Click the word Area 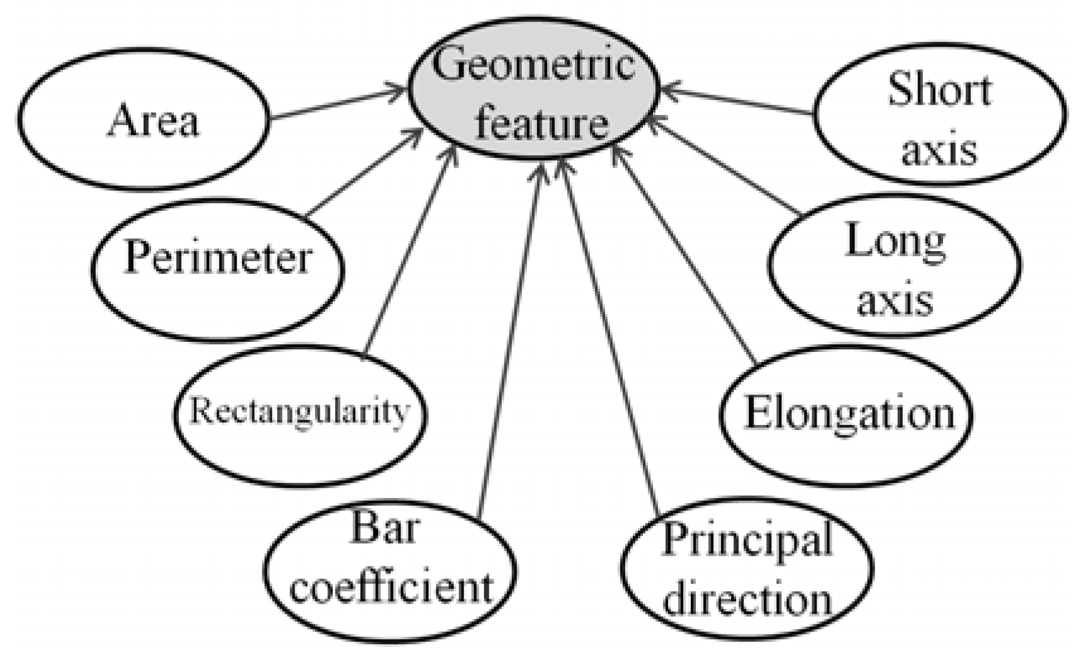point(153,120)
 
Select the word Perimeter point(218,257)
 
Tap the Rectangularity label point(300,412)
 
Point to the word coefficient point(391,587)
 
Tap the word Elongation point(849,414)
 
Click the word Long point(895,241)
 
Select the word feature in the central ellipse point(541,122)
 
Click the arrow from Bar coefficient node point(509,340)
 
